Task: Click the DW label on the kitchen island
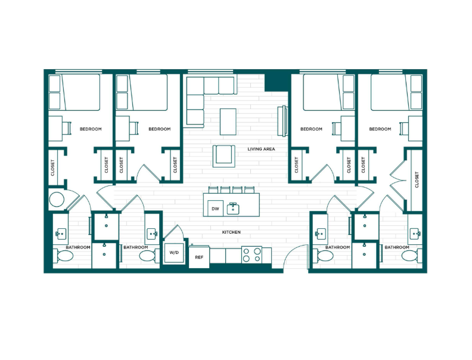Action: (215, 209)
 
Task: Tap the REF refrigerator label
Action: (200, 257)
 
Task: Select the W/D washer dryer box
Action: (173, 253)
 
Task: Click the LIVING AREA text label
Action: (261, 149)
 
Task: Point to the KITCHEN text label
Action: (231, 232)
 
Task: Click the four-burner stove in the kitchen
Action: (252, 255)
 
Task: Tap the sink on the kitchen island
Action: (233, 209)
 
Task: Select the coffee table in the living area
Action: (228, 121)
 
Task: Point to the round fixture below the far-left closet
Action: (57, 199)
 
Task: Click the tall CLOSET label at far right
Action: (417, 179)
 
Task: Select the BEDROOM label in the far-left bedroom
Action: (91, 129)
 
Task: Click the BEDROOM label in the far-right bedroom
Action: (380, 129)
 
